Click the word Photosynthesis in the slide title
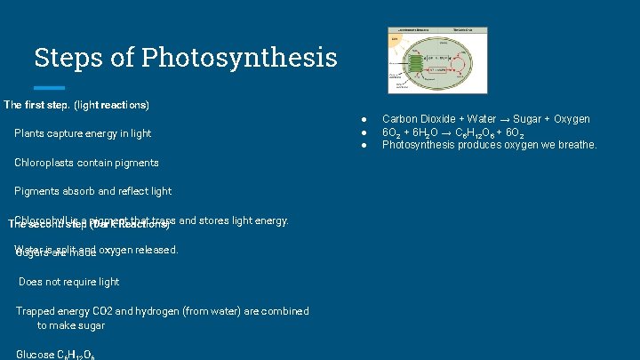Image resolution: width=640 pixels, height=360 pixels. point(238,58)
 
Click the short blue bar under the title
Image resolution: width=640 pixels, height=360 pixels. point(49,88)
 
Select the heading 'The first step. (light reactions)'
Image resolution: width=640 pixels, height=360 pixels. point(76,105)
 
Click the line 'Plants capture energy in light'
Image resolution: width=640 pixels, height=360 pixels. point(83,133)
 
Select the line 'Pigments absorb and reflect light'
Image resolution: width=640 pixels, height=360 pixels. point(92,191)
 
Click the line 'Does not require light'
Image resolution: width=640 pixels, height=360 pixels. point(68,282)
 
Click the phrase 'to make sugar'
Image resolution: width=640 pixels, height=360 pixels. point(70,325)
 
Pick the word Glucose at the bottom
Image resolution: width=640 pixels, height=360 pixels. point(35,355)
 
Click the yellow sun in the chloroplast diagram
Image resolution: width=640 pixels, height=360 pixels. point(394,40)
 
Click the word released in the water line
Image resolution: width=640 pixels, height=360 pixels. point(157,250)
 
